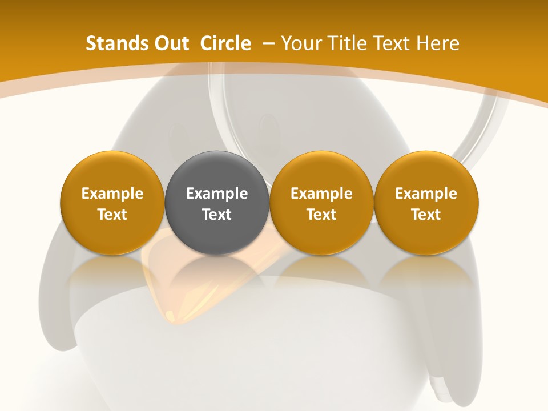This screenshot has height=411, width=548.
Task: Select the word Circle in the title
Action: pyautogui.click(x=225, y=43)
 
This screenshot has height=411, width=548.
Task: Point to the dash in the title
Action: pyautogui.click(x=269, y=43)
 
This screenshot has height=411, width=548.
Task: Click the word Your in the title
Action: pyautogui.click(x=300, y=43)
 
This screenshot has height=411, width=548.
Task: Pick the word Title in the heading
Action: pyautogui.click(x=344, y=43)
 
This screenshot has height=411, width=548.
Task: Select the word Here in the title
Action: pyautogui.click(x=438, y=43)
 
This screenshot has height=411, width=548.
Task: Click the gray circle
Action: pyautogui.click(x=216, y=171)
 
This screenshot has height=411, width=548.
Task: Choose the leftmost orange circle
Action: pyautogui.click(x=112, y=171)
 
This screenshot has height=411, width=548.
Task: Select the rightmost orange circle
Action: pyautogui.click(x=426, y=171)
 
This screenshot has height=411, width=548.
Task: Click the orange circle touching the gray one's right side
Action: pyautogui.click(x=321, y=171)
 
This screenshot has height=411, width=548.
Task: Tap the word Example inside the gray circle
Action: pyautogui.click(x=216, y=194)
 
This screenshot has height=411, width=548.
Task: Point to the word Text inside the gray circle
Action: pyautogui.click(x=216, y=215)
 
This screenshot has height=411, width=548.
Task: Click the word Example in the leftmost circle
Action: pyautogui.click(x=112, y=194)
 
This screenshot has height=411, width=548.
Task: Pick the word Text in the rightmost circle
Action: pyautogui.click(x=426, y=215)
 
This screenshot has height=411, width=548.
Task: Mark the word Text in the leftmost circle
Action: pyautogui.click(x=112, y=215)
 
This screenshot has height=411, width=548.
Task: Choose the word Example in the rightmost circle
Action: pyautogui.click(x=426, y=194)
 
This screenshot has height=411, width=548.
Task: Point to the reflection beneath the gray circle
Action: pyautogui.click(x=216, y=274)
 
